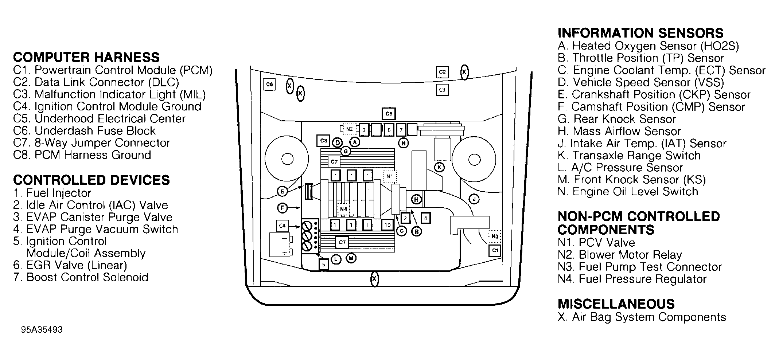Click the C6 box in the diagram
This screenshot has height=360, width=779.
[269, 85]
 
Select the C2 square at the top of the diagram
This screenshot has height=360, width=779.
[442, 72]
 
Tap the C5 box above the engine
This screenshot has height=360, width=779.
[389, 114]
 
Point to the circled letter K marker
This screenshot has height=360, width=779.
[440, 167]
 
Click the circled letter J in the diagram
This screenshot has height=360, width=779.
[474, 199]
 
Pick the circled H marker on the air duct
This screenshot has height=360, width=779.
[416, 199]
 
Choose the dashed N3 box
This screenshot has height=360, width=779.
[495, 236]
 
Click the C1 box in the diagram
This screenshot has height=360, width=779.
[495, 250]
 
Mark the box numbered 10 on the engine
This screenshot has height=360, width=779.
[387, 225]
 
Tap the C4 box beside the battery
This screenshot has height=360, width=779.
[282, 226]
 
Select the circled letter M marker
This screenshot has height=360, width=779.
[351, 258]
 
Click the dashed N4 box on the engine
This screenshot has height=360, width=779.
[343, 209]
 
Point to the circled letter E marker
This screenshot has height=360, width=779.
[282, 191]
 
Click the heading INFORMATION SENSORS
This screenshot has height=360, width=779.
[640, 33]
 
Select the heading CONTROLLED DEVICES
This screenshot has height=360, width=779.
[91, 180]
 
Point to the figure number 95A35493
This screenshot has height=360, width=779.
[42, 330]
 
